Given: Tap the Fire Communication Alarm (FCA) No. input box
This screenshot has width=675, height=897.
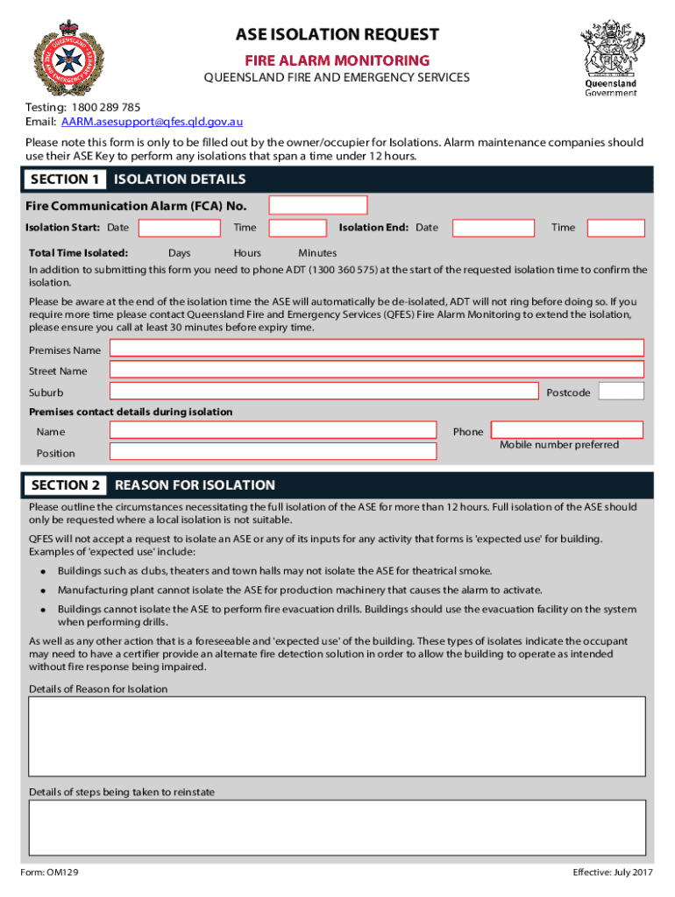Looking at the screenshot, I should click(x=317, y=205).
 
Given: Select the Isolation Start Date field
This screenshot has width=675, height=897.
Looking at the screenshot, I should click(x=180, y=228).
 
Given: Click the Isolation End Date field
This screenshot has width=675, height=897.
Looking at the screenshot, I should click(x=493, y=228).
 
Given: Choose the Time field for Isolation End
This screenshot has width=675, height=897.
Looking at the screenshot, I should click(x=615, y=228).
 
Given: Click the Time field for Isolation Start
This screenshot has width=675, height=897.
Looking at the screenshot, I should click(x=297, y=228).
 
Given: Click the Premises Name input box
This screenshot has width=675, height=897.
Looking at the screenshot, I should click(x=376, y=350).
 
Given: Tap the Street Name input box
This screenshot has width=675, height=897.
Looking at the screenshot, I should click(x=376, y=371).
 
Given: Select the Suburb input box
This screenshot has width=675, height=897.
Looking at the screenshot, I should click(x=323, y=392).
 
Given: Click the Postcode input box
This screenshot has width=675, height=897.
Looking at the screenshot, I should click(x=622, y=392).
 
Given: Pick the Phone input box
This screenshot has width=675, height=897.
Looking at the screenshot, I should click(x=567, y=430).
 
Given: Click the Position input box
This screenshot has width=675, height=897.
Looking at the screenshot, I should click(x=273, y=452).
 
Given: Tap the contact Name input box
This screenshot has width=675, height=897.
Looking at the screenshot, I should click(x=273, y=430).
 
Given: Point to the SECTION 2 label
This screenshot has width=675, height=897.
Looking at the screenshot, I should click(x=66, y=485).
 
